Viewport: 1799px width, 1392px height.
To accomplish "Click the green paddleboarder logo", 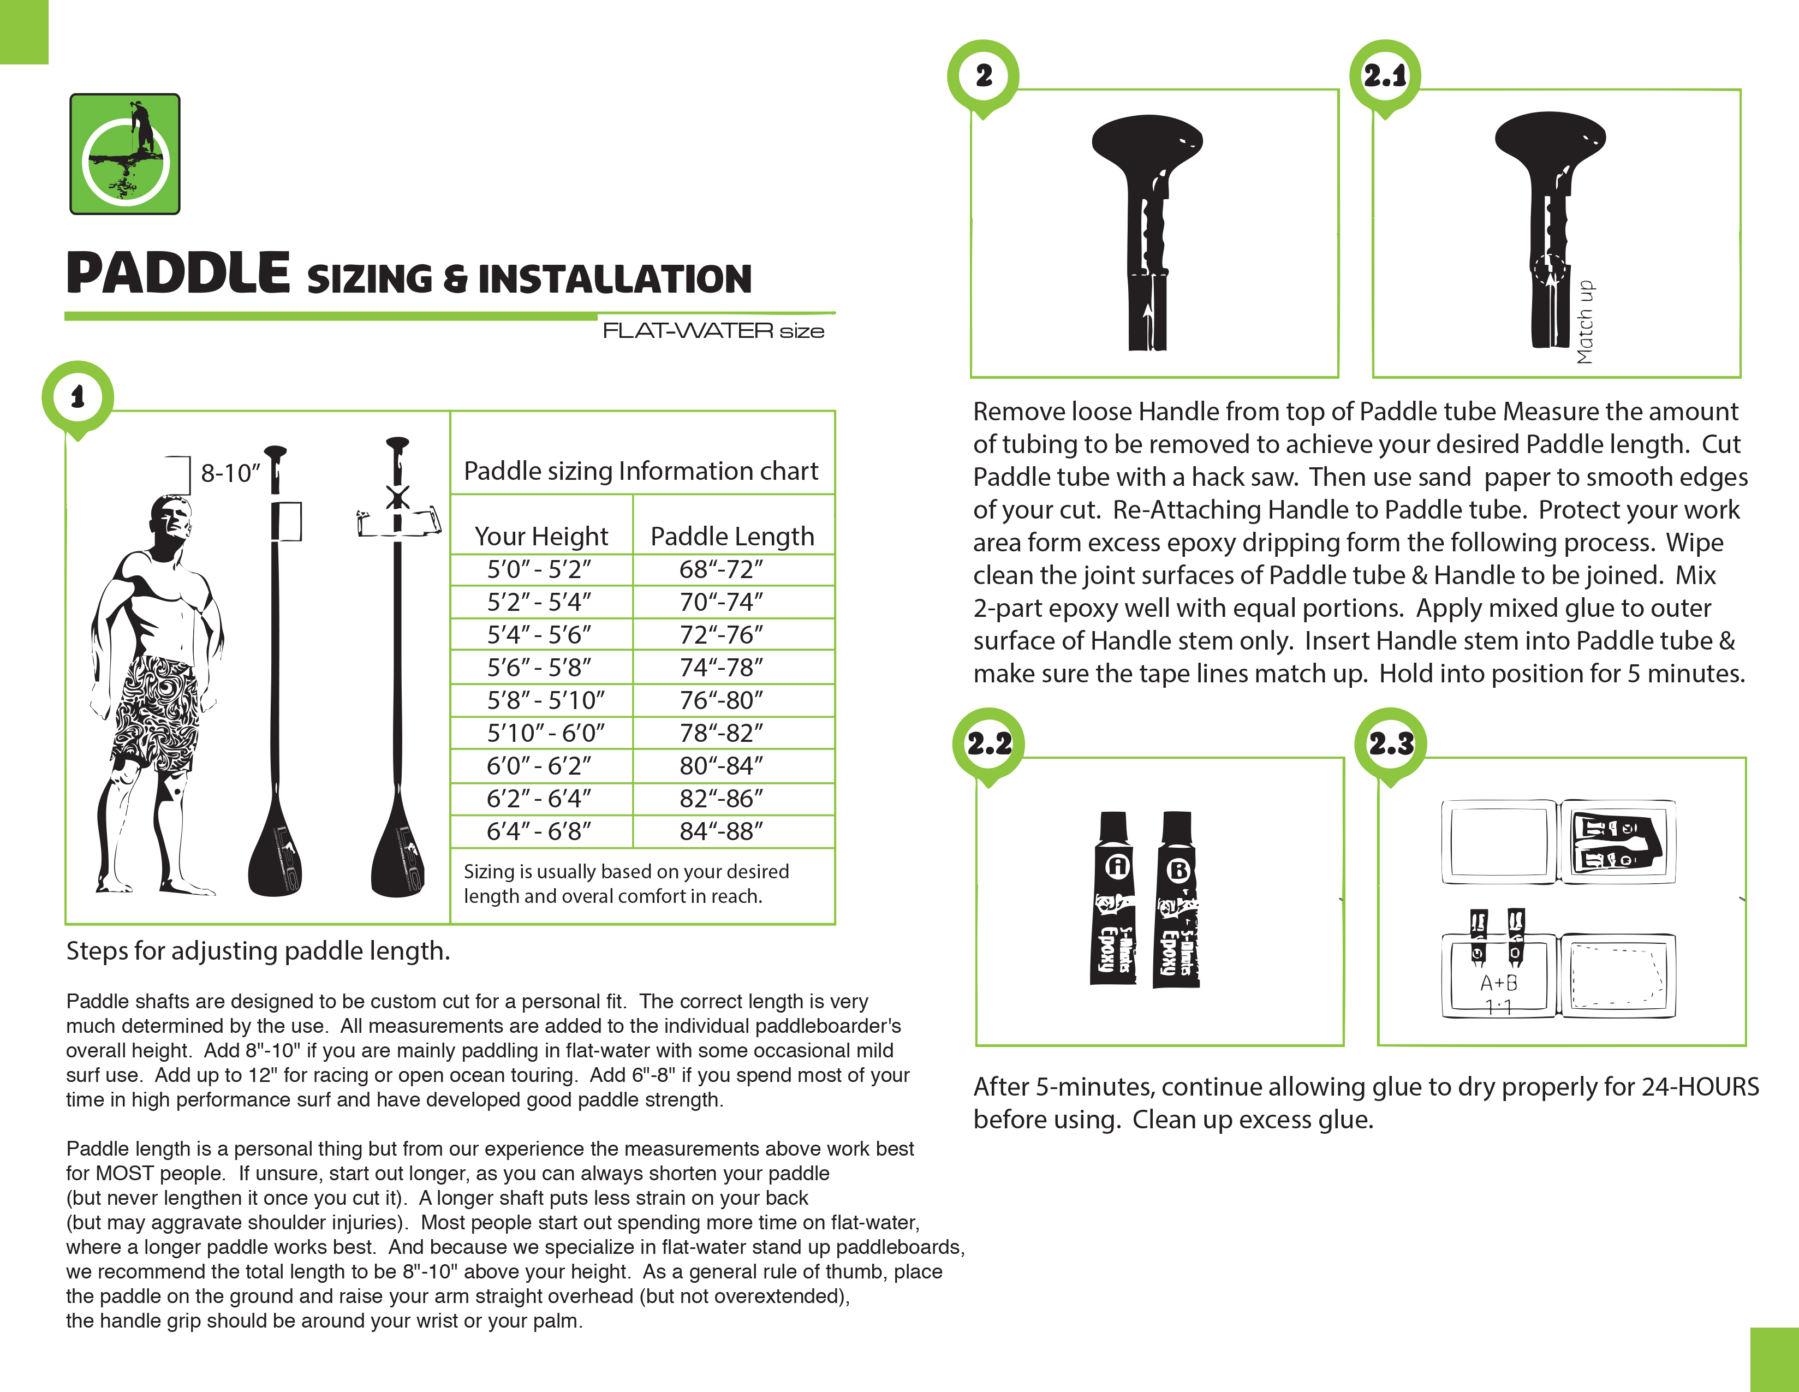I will pyautogui.click(x=124, y=154).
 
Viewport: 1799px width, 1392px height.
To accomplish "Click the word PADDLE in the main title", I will pyautogui.click(x=178, y=273).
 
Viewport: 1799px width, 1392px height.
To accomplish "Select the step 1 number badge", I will pyautogui.click(x=78, y=397).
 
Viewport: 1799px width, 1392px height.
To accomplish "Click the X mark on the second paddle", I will pyautogui.click(x=398, y=497).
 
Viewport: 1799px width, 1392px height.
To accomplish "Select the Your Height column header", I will pyautogui.click(x=541, y=536).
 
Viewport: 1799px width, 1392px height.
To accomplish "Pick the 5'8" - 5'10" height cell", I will pyautogui.click(x=545, y=700).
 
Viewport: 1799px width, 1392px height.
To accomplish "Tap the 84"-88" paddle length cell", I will pyautogui.click(x=721, y=831).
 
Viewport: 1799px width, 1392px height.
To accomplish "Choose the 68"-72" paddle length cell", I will pyautogui.click(x=721, y=569).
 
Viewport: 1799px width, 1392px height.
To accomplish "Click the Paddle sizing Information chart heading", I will pyautogui.click(x=641, y=471).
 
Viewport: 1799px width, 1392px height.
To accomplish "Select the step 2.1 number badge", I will pyautogui.click(x=1385, y=76).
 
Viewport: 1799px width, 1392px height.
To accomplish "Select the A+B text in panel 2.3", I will pyautogui.click(x=1498, y=983).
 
